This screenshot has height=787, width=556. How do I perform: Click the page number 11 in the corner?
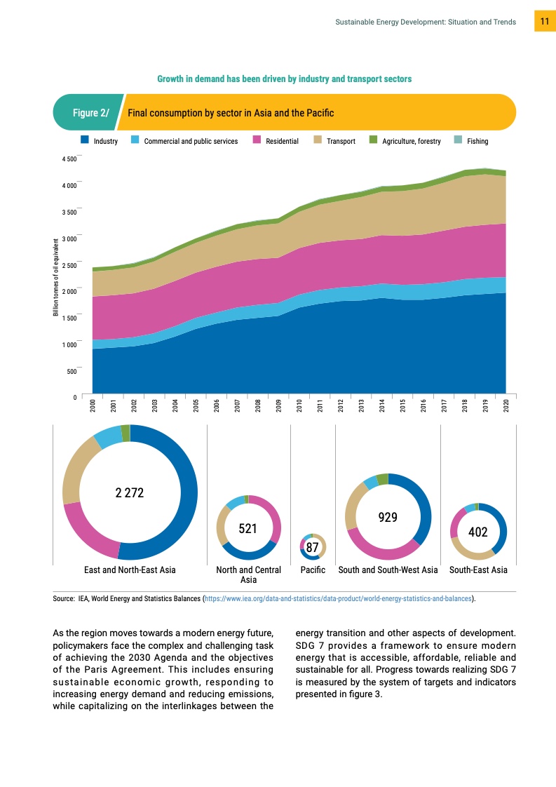pyautogui.click(x=544, y=22)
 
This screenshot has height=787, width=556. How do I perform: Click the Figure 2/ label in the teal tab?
pyautogui.click(x=91, y=112)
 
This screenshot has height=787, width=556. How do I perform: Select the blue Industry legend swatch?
pyautogui.click(x=84, y=141)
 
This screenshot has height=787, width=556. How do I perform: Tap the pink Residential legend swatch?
pyautogui.click(x=257, y=141)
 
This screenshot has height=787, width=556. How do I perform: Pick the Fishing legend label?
pyautogui.click(x=477, y=141)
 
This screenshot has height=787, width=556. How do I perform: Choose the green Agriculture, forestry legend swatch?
pyautogui.click(x=373, y=141)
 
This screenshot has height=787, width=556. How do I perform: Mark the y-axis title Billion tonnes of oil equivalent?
pyautogui.click(x=55, y=277)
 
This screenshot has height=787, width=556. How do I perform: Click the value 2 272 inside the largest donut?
pyautogui.click(x=130, y=493)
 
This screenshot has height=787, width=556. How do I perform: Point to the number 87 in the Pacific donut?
pyautogui.click(x=313, y=546)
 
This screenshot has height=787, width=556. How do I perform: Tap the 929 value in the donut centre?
pyautogui.click(x=388, y=518)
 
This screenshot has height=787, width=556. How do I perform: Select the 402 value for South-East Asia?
pyautogui.click(x=478, y=532)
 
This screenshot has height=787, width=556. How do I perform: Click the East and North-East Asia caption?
pyautogui.click(x=130, y=570)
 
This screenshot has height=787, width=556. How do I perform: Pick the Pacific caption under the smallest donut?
pyautogui.click(x=313, y=570)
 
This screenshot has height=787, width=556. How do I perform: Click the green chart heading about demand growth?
pyautogui.click(x=284, y=79)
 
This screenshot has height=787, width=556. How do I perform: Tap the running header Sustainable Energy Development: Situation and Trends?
pyautogui.click(x=426, y=22)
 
